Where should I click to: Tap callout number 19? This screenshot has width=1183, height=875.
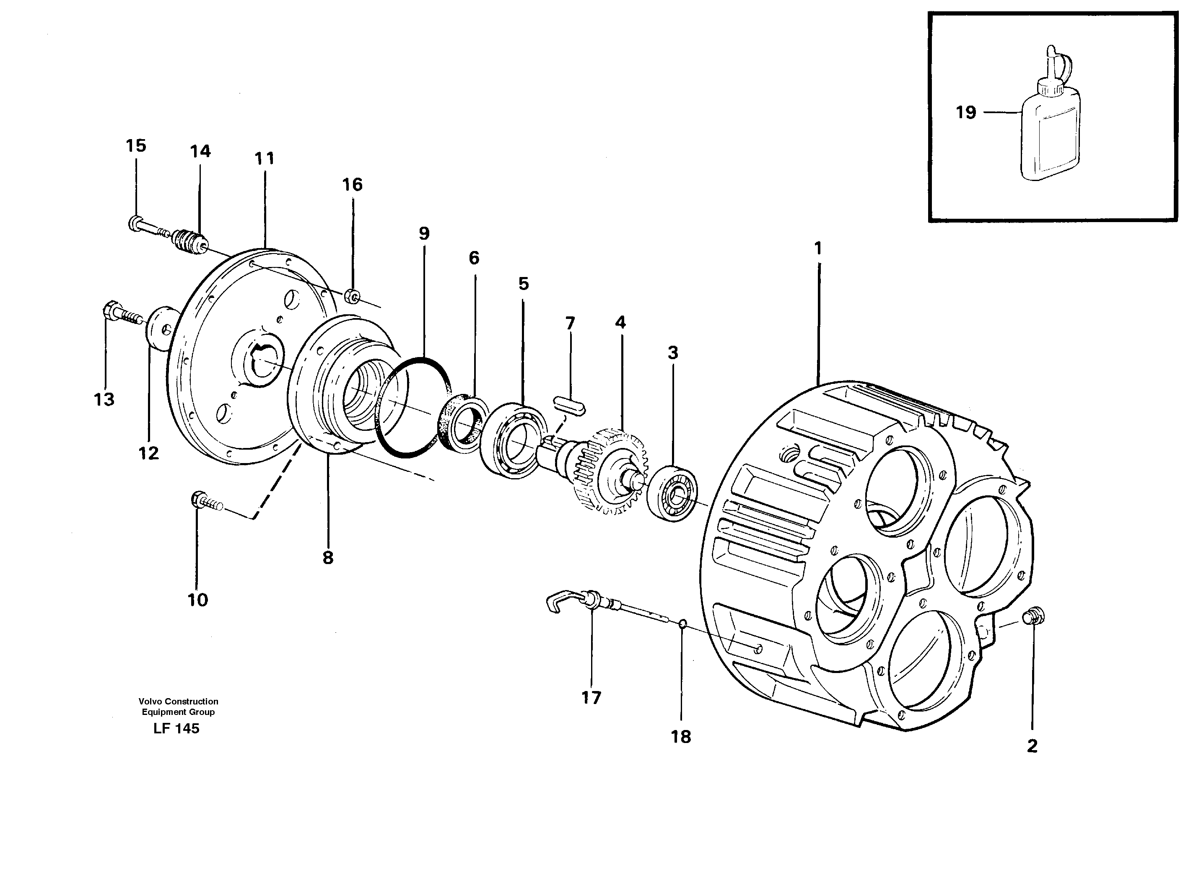pos(965,112)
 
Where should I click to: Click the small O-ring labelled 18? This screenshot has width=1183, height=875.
pos(683,625)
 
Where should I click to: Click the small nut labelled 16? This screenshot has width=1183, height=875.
pos(351,297)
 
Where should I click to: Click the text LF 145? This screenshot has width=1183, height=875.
pos(176,729)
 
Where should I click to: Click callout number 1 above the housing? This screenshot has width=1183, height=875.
pos(817,249)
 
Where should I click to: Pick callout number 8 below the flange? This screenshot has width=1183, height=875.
pos(328,558)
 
